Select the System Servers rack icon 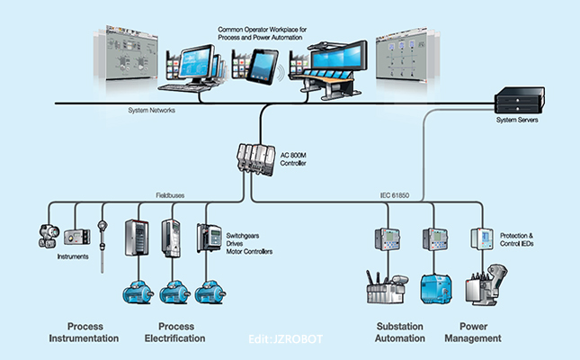pos(518,99)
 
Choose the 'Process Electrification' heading pos(174,332)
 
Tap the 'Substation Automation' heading pos(399,332)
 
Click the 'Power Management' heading pos(479,332)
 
